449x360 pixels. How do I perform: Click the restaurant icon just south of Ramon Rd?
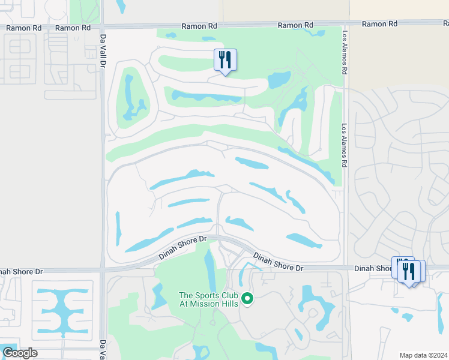click(225, 60)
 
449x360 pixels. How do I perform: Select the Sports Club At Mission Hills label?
click(208, 299)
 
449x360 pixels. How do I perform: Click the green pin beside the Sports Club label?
click(247, 298)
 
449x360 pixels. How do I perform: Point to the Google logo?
click(19, 353)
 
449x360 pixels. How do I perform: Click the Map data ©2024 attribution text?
click(423, 355)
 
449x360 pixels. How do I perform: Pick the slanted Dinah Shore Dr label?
click(182, 247)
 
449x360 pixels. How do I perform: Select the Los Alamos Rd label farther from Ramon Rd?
click(345, 146)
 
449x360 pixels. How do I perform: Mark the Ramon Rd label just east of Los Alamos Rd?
click(380, 24)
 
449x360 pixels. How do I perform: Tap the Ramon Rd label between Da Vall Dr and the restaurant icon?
click(73, 28)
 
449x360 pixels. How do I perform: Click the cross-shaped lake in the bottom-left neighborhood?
click(62, 310)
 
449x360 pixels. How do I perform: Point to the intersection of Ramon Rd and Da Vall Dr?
click(103, 27)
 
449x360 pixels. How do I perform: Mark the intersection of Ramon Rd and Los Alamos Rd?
click(345, 25)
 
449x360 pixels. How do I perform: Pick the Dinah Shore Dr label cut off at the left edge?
click(22, 271)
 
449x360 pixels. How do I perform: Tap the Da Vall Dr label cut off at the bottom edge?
click(103, 350)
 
